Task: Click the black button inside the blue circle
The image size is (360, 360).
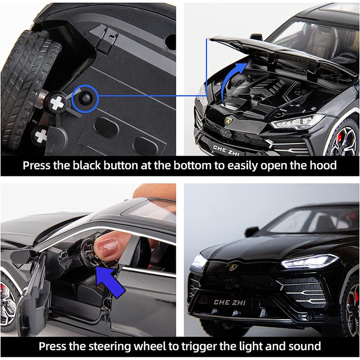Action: pyautogui.click(x=85, y=99)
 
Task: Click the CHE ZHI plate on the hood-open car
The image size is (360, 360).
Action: pyautogui.click(x=226, y=150)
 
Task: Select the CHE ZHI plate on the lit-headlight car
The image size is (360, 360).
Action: pyautogui.click(x=230, y=302)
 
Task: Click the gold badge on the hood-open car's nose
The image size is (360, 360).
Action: pyautogui.click(x=229, y=121)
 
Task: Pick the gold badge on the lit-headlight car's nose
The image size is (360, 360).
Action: pyautogui.click(x=233, y=266)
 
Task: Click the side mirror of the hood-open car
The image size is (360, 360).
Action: pyautogui.click(x=256, y=36)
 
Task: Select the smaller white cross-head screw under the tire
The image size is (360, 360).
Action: pyautogui.click(x=41, y=136)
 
